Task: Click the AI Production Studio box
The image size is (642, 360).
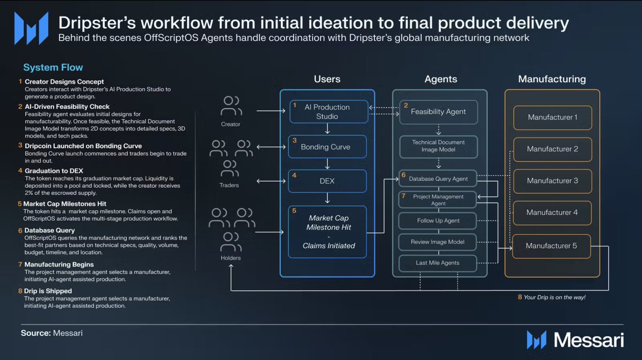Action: (328, 111)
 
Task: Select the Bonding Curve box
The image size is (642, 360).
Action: (327, 147)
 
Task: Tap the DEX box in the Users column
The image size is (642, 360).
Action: (327, 181)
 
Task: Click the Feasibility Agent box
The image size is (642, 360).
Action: (439, 112)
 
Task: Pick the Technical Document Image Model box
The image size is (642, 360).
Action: (439, 147)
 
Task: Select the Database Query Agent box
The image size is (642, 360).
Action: (438, 179)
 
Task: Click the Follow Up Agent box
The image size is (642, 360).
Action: (438, 221)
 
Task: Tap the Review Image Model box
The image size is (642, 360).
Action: (438, 242)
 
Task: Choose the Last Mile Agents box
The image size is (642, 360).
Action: (438, 263)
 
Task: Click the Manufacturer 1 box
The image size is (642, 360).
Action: (553, 118)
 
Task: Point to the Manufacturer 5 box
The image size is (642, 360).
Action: (552, 246)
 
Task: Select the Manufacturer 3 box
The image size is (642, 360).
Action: (553, 181)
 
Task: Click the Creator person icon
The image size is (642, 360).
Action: (231, 105)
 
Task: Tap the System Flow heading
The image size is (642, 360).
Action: (53, 67)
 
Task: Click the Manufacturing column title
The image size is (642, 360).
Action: (552, 79)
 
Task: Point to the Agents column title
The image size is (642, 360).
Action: (441, 79)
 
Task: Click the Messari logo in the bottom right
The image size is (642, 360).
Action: (575, 340)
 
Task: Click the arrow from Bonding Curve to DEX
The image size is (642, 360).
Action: (327, 164)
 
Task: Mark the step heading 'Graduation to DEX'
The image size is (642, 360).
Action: (54, 171)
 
